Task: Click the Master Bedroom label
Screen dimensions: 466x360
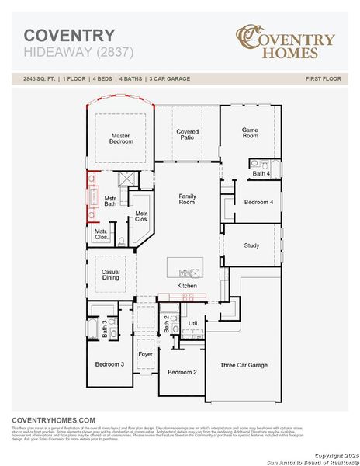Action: point(121,139)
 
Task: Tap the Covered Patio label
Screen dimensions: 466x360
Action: point(187,134)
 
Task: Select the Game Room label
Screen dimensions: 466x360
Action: point(250,133)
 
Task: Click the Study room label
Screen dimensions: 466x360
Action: point(251,245)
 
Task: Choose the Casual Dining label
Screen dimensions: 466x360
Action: point(110,275)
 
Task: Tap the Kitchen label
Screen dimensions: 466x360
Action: point(187,286)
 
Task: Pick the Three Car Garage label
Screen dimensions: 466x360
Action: point(244,365)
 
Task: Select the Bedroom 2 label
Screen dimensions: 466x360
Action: point(182,372)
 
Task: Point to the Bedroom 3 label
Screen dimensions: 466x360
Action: point(109,364)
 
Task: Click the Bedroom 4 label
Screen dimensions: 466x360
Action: point(259,202)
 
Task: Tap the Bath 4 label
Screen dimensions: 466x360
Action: point(261,174)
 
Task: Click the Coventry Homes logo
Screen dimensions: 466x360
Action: point(286,42)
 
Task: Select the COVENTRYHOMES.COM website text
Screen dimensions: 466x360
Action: point(54,419)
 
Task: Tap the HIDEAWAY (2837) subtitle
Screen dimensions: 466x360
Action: point(78,53)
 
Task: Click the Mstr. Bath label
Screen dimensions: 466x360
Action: point(110,200)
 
